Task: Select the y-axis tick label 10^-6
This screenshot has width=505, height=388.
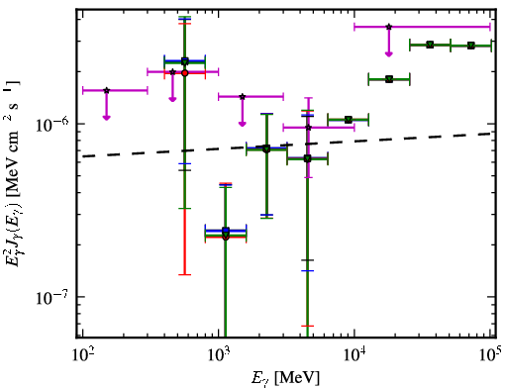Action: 52,125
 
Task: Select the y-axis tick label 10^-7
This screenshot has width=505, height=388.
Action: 52,297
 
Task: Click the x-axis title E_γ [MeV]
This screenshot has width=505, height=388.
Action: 285,378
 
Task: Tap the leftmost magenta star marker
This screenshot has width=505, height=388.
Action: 106,90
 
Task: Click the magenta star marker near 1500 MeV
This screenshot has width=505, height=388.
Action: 243,97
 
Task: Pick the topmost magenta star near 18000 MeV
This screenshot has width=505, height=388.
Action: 389,27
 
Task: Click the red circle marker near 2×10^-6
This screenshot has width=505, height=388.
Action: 185,73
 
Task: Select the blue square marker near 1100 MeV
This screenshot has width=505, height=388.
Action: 226,231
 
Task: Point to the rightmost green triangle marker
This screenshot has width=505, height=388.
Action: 471,46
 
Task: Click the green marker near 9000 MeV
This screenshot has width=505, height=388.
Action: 349,120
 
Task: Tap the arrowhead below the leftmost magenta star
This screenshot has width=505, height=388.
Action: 106,117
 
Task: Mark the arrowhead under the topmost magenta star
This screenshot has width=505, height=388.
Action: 389,53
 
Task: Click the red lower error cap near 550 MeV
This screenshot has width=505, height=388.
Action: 185,274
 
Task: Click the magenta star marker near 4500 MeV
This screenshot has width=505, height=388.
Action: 308,128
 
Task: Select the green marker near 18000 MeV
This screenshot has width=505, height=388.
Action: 389,79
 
